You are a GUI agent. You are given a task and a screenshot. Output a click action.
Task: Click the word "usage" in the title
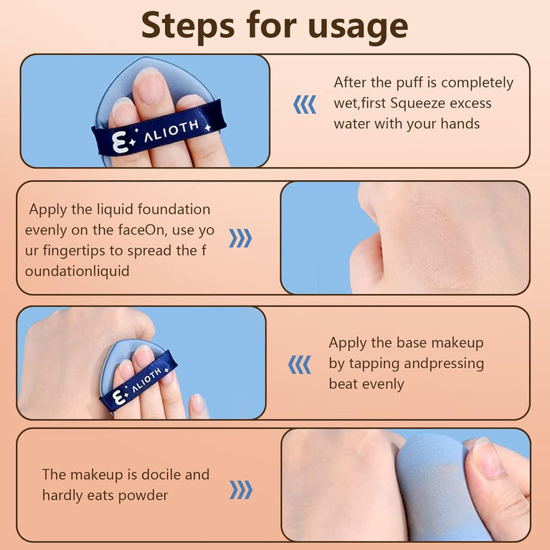pos(359,27)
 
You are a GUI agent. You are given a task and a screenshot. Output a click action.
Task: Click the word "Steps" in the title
pos(188,24)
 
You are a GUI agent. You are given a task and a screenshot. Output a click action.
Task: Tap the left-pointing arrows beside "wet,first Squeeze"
pos(305,105)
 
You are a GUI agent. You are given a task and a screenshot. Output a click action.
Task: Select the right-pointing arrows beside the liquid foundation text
pos(240,238)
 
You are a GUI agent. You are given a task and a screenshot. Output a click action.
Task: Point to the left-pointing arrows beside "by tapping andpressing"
pos(299,365)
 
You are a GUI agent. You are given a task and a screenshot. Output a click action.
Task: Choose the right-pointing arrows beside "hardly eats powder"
pos(241,490)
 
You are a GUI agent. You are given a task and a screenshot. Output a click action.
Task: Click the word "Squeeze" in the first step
pos(417,104)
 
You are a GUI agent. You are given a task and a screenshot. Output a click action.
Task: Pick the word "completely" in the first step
pos(477,83)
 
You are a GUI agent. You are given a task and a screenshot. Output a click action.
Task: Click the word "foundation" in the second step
pos(174,209)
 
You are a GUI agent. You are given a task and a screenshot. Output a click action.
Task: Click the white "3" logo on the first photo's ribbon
pos(120,142)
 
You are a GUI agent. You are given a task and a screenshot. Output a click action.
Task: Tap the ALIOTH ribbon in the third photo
pos(139,381)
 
